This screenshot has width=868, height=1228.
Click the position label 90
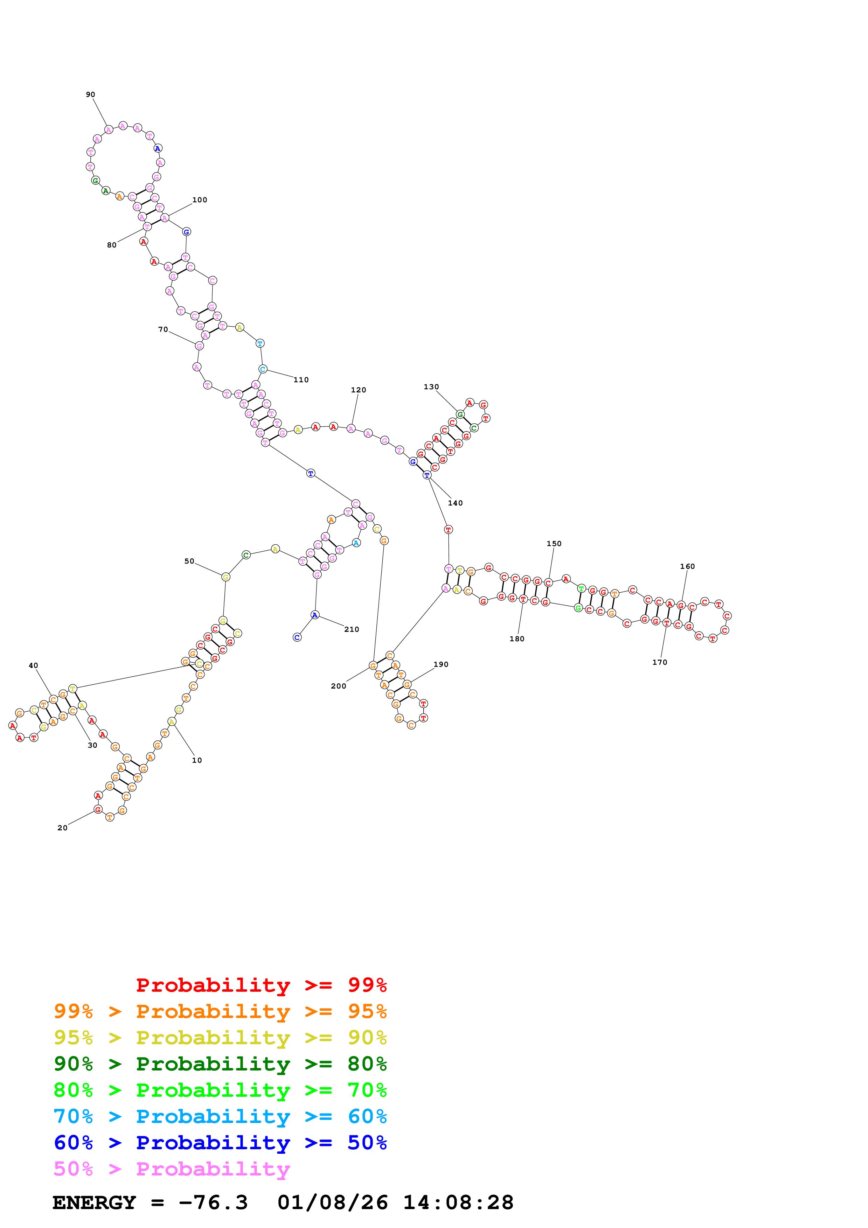point(90,95)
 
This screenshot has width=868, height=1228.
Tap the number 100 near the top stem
point(200,200)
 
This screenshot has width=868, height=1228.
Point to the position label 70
point(163,329)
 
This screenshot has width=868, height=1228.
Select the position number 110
point(301,380)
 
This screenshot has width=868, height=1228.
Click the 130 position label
point(431,387)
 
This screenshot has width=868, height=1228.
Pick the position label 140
point(455,503)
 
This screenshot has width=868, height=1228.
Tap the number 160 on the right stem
point(687,566)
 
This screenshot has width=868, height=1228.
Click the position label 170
point(659,662)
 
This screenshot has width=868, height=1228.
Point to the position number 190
point(441,664)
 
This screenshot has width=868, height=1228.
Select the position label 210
point(352,629)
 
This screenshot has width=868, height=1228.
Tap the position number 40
point(33,666)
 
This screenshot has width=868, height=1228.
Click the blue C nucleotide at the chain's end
point(297,637)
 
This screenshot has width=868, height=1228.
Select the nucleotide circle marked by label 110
point(263,369)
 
